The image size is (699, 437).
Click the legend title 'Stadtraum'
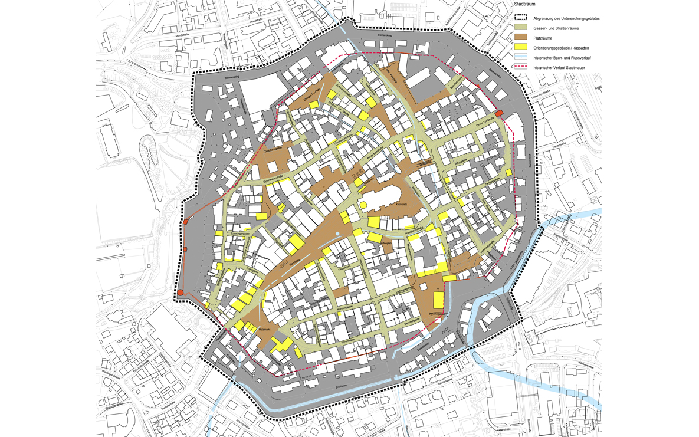click(x=525, y=4)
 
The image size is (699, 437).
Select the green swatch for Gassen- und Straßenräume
click(x=520, y=28)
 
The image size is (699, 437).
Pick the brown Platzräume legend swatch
click(x=520, y=38)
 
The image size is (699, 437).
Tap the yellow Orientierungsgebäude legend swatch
click(x=520, y=48)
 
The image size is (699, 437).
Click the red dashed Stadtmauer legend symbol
click(x=520, y=68)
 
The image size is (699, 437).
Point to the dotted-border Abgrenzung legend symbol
click(x=520, y=18)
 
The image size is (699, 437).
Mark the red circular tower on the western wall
click(x=181, y=293)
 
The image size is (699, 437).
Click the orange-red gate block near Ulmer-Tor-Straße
click(x=498, y=113)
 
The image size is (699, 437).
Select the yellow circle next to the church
click(x=363, y=205)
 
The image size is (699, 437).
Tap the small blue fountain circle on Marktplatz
click(x=337, y=234)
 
